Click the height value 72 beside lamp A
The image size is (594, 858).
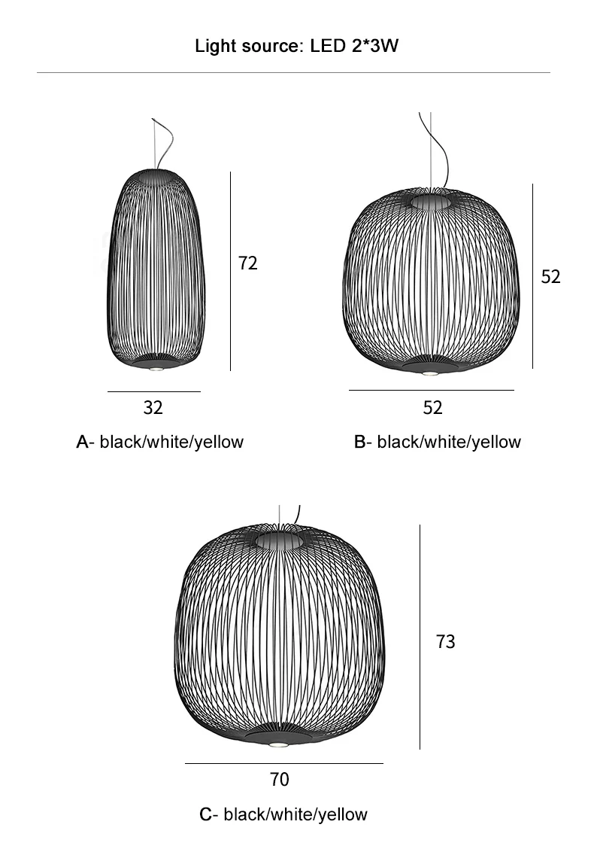tap(247, 263)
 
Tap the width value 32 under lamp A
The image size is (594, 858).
tap(153, 408)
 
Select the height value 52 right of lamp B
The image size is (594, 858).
tap(550, 277)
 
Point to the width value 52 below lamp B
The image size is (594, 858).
tap(432, 408)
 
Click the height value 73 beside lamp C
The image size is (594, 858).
tap(445, 642)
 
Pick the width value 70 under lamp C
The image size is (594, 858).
tap(279, 780)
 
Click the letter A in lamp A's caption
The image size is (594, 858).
tap(83, 442)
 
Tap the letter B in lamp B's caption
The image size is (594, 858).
tap(359, 442)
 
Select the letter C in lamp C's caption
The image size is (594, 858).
tap(206, 814)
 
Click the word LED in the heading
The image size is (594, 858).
tap(326, 47)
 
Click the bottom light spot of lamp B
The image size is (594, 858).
tap(430, 373)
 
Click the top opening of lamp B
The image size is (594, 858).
tap(432, 202)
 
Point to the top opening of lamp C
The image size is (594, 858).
tap(280, 540)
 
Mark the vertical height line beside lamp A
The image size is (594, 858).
tap(230, 271)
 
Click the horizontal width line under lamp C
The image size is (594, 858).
tap(283, 763)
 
